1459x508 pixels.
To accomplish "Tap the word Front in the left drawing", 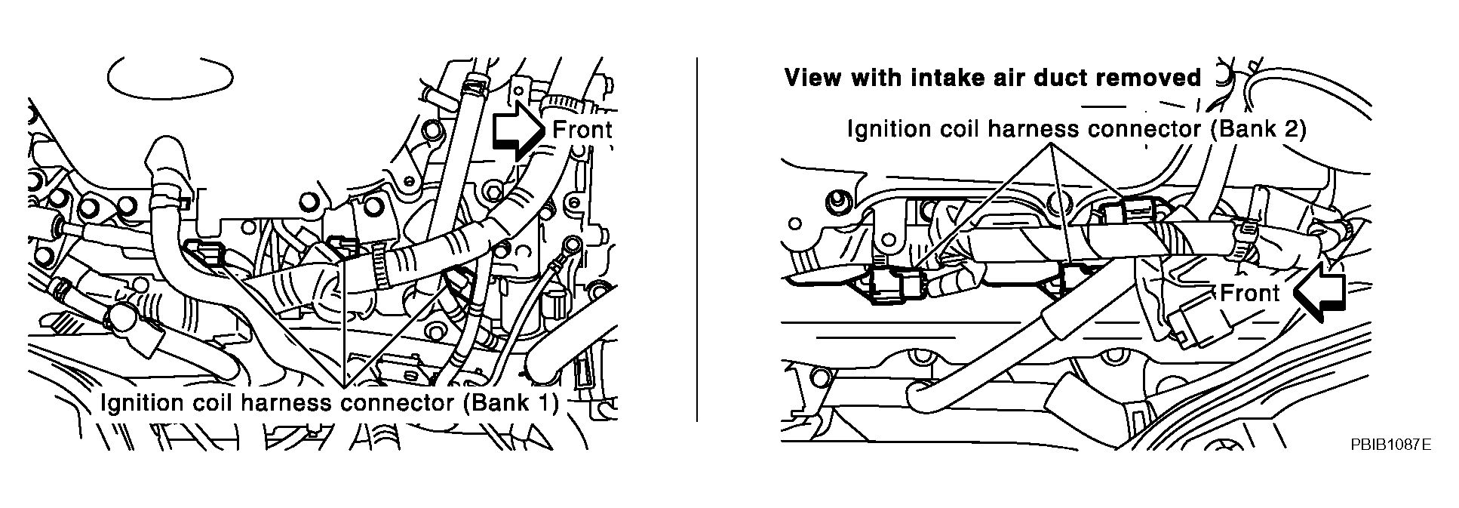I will (x=581, y=130).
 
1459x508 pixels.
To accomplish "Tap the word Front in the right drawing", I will (x=1249, y=293).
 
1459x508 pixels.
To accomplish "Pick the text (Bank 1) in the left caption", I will (x=510, y=403).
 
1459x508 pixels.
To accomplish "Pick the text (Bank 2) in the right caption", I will (x=1258, y=129).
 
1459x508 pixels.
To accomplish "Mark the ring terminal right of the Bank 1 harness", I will (x=573, y=244).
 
